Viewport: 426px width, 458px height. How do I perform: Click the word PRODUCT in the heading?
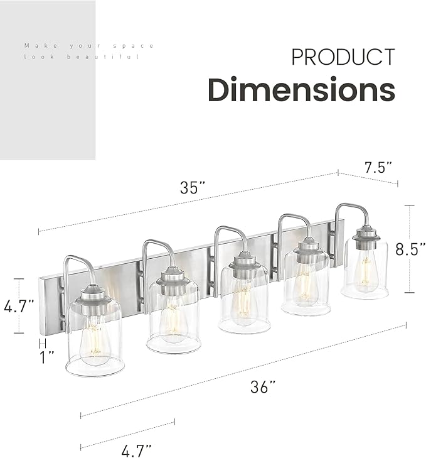coord(343,57)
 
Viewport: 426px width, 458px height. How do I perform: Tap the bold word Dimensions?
coord(301,90)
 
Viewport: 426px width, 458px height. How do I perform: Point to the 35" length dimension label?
coord(193,187)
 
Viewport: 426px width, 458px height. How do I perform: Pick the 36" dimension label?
coord(263,388)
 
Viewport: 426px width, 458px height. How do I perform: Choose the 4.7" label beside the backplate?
coord(18,307)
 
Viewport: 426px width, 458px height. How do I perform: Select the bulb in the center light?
coord(244,302)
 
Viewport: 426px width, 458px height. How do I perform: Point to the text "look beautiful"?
coord(81,57)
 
